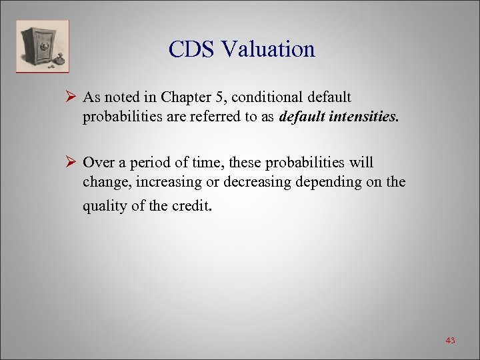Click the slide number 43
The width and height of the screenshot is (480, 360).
click(x=450, y=341)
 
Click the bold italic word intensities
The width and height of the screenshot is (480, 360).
click(x=363, y=117)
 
